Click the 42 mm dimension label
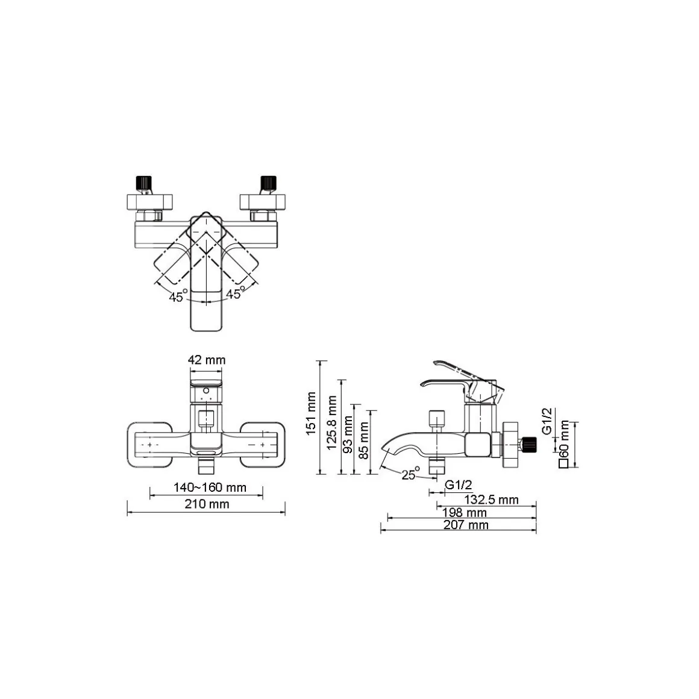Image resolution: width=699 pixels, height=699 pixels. pyautogui.click(x=207, y=360)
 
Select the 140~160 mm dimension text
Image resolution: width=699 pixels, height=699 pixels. pyautogui.click(x=210, y=487)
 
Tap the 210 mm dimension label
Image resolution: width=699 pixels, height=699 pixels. pyautogui.click(x=207, y=504)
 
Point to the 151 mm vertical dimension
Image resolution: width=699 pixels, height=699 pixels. pyautogui.click(x=311, y=414)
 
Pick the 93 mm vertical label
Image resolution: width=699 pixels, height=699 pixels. pyautogui.click(x=348, y=435)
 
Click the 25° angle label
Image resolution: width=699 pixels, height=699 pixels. pyautogui.click(x=410, y=474)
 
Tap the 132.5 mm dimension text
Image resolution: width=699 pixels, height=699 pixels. pyautogui.click(x=491, y=500)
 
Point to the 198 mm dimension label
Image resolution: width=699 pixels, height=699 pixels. pyautogui.click(x=464, y=513)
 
